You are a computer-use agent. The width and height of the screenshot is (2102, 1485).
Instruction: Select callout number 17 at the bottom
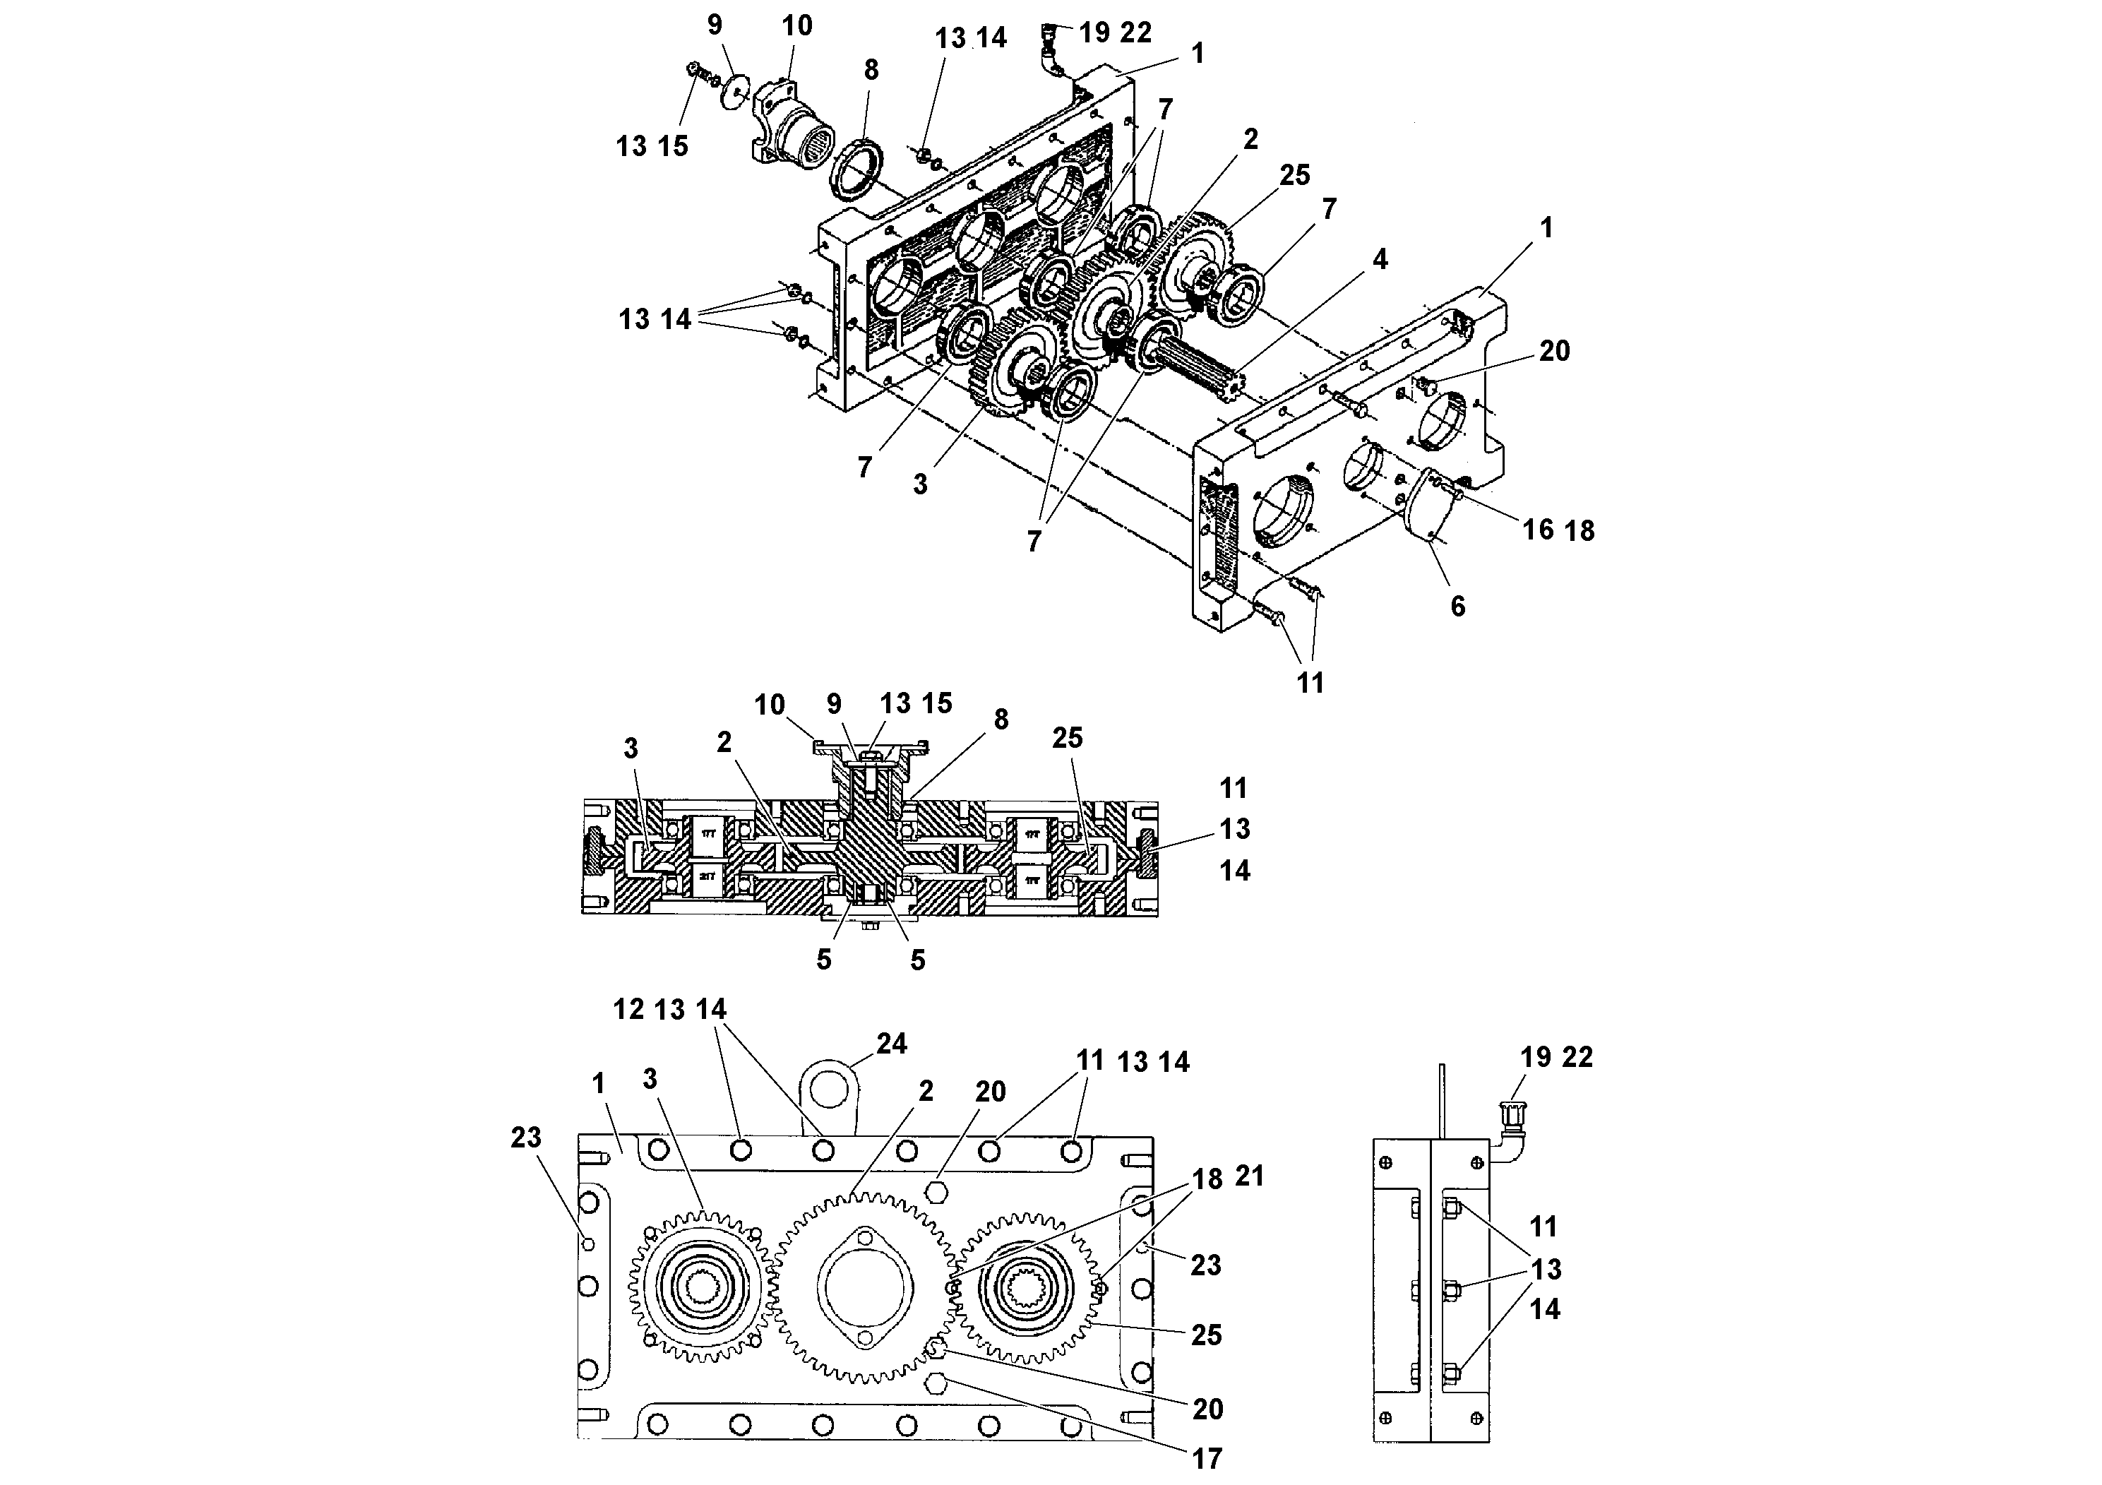coord(1207,1458)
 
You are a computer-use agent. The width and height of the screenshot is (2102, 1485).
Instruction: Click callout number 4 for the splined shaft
coord(1379,260)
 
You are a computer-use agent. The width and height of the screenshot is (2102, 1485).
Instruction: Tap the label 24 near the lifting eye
coord(891,1044)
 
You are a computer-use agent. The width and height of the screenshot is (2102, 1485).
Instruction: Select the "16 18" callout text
coord(1558,530)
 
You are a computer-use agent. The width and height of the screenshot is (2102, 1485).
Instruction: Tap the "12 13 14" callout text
coord(669,1010)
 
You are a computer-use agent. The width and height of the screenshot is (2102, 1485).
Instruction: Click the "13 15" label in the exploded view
coord(651,146)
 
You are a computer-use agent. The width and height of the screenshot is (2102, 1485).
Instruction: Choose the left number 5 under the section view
coord(824,960)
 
